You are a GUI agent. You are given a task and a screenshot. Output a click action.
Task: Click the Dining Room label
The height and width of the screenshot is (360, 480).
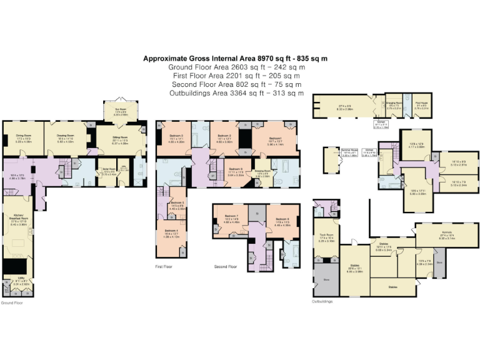(23, 135)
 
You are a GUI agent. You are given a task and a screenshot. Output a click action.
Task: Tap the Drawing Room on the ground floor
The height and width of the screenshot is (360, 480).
(66, 135)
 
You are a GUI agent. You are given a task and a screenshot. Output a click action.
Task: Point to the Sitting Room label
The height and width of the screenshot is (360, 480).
(120, 136)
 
